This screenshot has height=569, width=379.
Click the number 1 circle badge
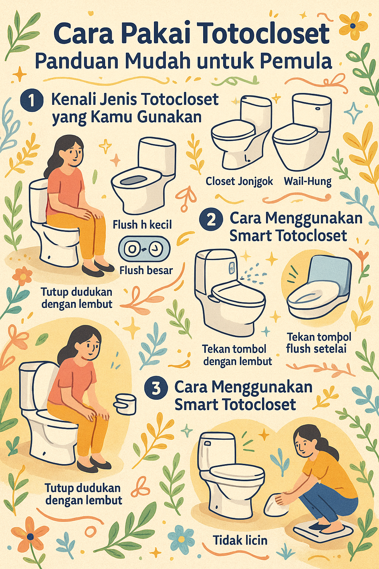point(31,101)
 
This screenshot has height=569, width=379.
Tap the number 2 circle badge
point(211,220)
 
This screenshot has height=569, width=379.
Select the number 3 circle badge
point(156,388)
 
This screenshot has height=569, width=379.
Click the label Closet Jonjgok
point(239,182)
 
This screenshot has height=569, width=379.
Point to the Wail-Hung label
point(308,182)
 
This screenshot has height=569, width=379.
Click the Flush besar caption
point(146,270)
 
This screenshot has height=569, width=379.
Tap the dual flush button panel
point(144,249)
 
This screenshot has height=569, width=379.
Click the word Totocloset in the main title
point(266,34)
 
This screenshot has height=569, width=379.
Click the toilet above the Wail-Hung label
point(302,132)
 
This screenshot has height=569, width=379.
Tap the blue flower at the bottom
point(181,537)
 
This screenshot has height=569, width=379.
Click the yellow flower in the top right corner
point(353,26)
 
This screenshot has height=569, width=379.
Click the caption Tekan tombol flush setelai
point(318,343)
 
